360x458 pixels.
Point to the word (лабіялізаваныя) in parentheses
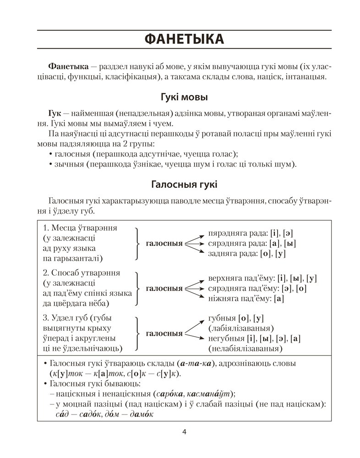(241, 328)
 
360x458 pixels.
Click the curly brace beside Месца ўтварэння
(136, 243)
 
